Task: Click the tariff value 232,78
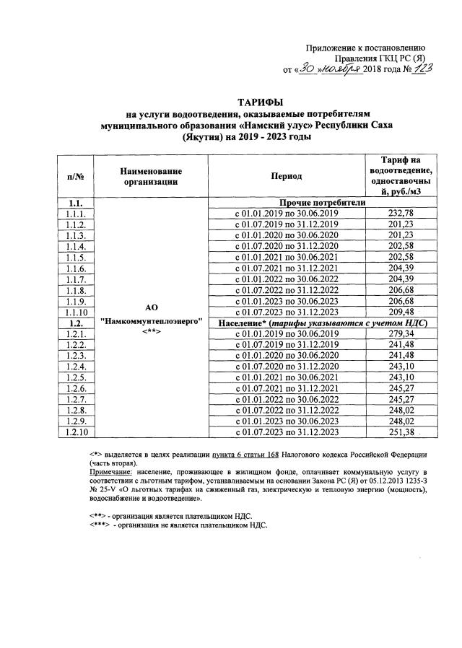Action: click(404, 214)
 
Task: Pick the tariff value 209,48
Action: click(404, 312)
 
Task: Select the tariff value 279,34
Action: click(404, 334)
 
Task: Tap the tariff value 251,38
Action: click(404, 432)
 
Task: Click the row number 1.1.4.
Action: click(75, 247)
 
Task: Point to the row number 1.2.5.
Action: click(75, 377)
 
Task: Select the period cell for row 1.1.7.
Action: click(287, 279)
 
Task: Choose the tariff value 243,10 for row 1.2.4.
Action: click(404, 367)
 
